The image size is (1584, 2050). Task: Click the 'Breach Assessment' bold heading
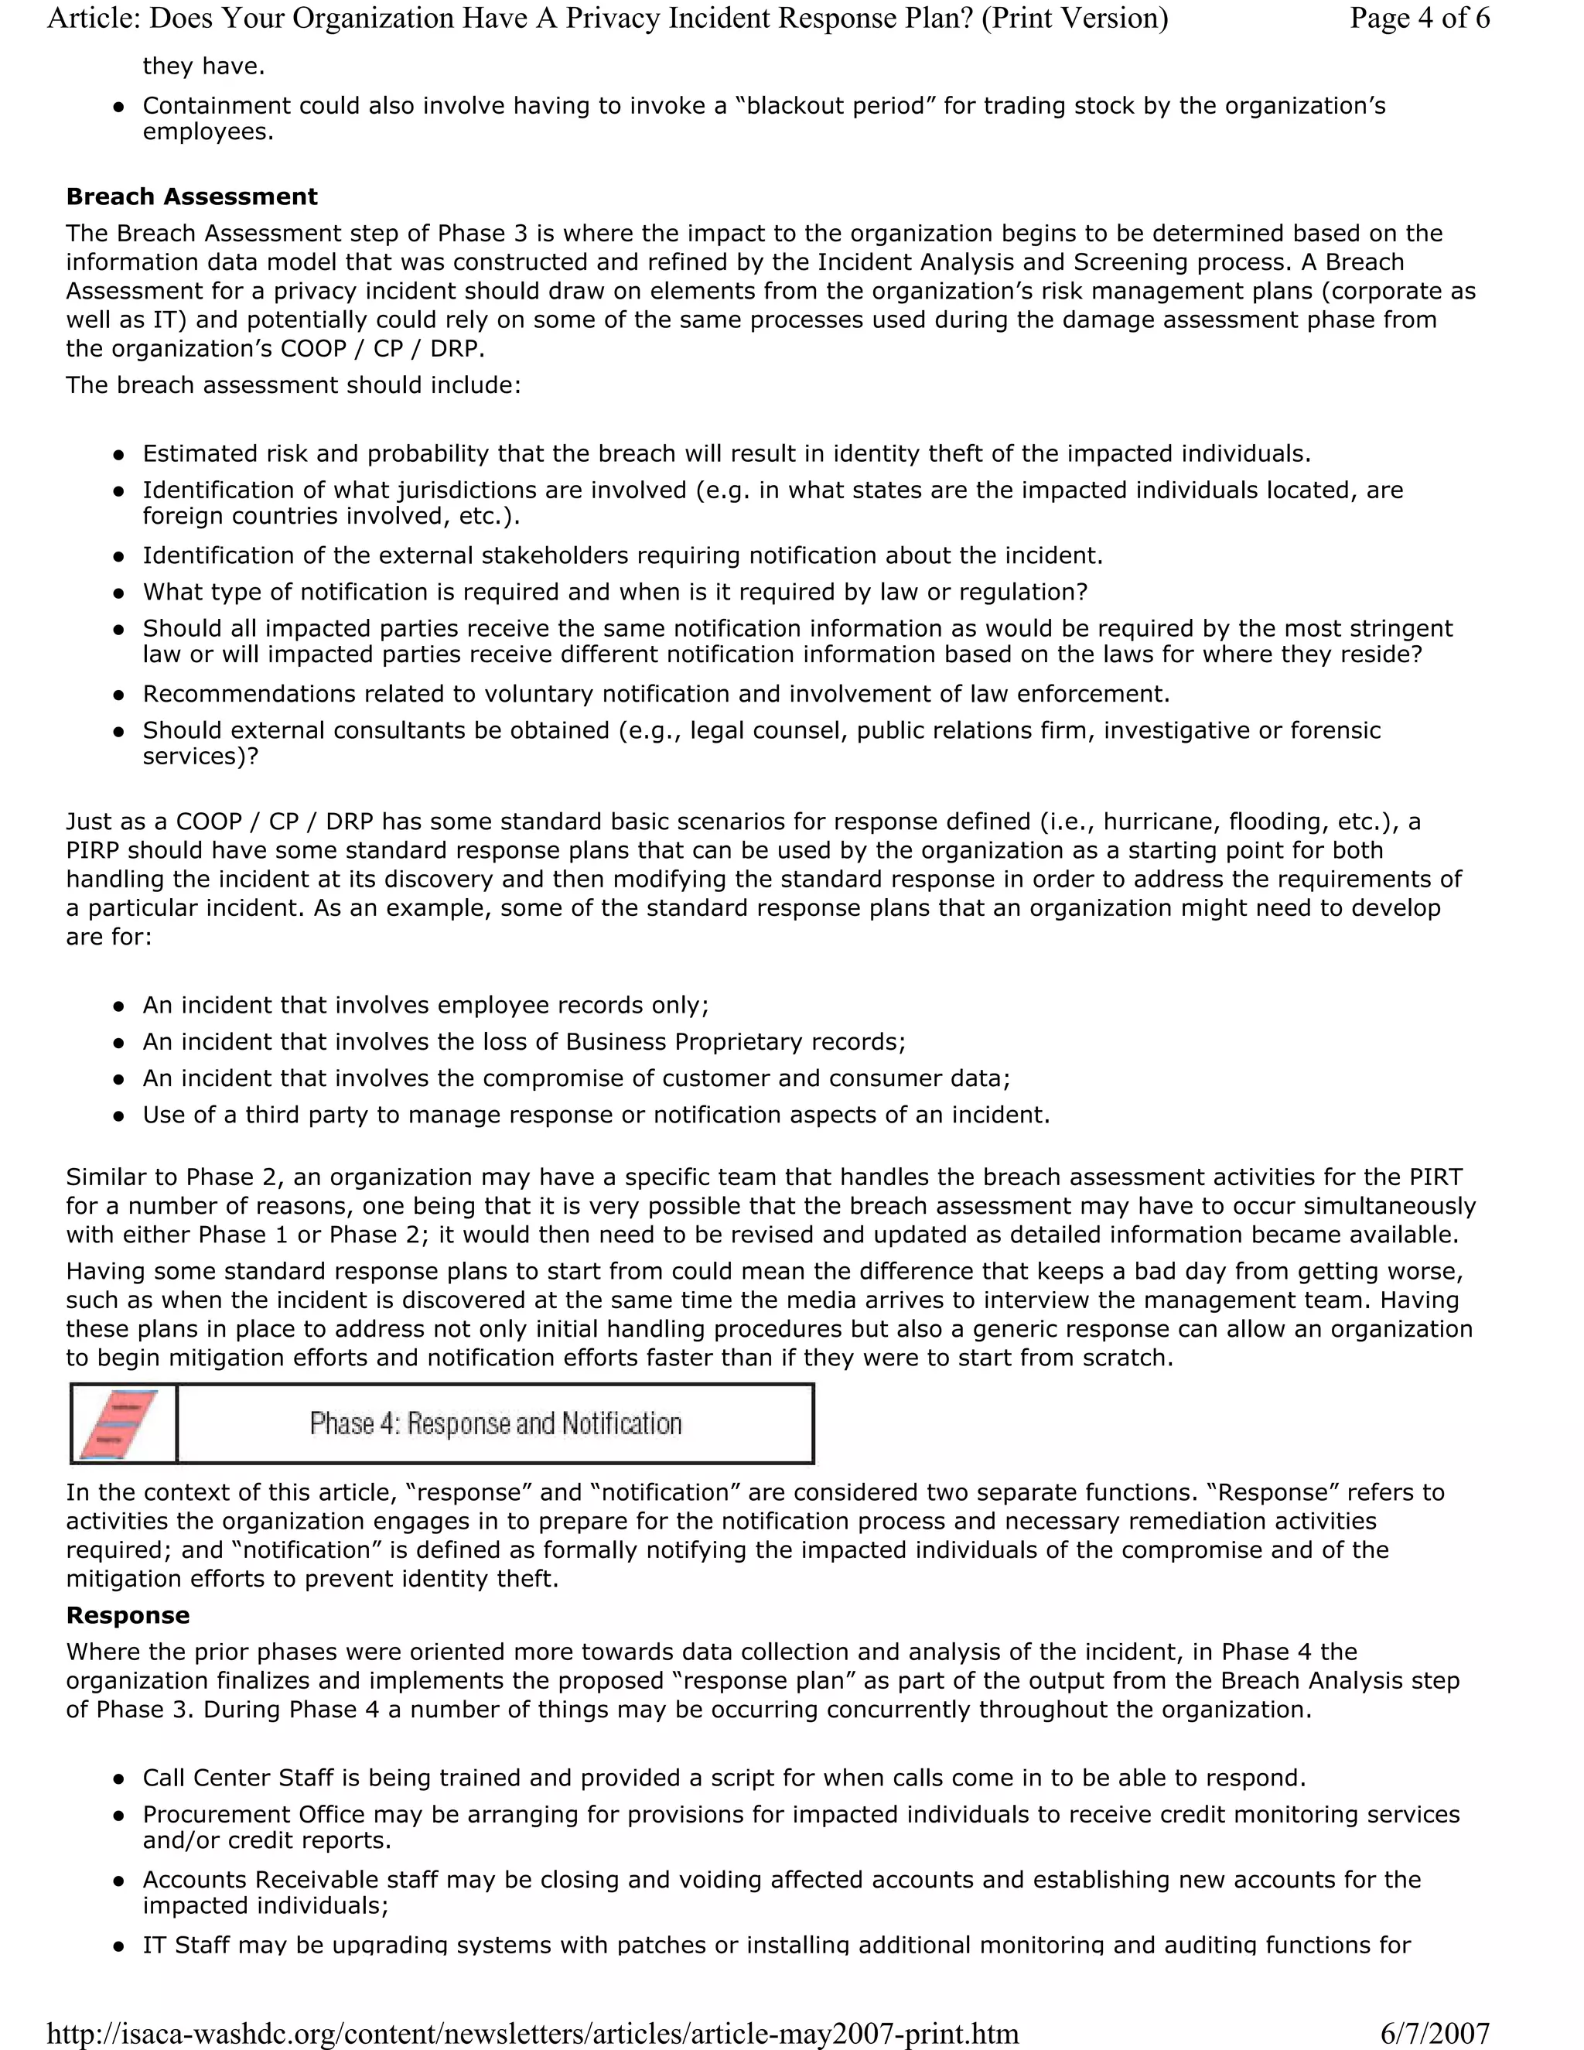point(192,196)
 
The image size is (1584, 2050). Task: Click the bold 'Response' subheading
point(128,1614)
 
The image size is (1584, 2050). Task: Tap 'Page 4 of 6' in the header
point(1418,18)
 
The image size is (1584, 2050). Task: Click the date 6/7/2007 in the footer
point(1435,2033)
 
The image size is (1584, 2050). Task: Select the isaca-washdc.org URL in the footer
point(532,2033)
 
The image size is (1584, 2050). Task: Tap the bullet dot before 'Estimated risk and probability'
point(118,454)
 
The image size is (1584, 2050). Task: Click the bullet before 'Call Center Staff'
point(118,1778)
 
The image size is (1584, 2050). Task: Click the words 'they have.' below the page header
point(203,66)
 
